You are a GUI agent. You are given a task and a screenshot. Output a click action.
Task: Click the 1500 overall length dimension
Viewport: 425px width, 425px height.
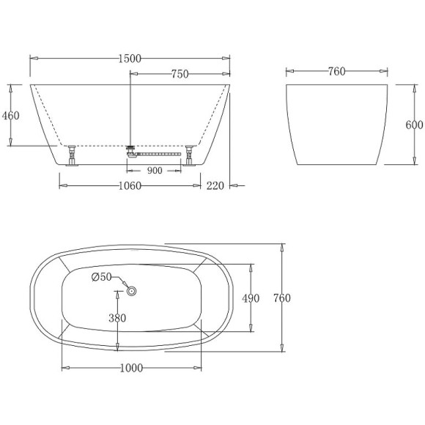[130, 58]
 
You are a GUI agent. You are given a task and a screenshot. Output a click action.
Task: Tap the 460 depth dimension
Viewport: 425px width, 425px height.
[11, 115]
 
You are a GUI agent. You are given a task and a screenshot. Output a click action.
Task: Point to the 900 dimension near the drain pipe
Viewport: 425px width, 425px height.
[154, 171]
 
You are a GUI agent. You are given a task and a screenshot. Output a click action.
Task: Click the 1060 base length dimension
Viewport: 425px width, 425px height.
[130, 185]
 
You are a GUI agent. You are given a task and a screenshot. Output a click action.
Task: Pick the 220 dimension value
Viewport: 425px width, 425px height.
[215, 185]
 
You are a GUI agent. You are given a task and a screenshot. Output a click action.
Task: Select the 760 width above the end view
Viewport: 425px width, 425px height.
[336, 71]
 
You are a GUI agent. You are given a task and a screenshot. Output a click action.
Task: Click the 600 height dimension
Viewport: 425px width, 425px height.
[414, 125]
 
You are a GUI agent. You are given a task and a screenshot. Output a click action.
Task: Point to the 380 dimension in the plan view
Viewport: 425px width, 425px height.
[117, 318]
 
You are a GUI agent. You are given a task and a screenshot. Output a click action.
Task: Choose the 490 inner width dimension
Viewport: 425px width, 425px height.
[251, 297]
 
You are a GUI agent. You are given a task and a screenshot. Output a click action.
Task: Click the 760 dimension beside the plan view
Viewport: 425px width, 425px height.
[282, 297]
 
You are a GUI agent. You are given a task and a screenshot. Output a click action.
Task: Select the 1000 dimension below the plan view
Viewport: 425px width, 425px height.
[130, 369]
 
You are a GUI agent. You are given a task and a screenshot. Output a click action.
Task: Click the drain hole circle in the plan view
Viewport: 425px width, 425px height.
[133, 291]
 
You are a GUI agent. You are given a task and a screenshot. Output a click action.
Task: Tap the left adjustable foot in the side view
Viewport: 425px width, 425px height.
[72, 157]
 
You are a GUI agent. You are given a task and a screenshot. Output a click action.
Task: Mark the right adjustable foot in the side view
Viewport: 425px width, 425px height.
[190, 157]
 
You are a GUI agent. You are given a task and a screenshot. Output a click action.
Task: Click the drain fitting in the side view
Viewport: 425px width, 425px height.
[132, 149]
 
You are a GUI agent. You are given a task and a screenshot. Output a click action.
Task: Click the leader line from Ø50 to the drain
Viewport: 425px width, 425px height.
[121, 282]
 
